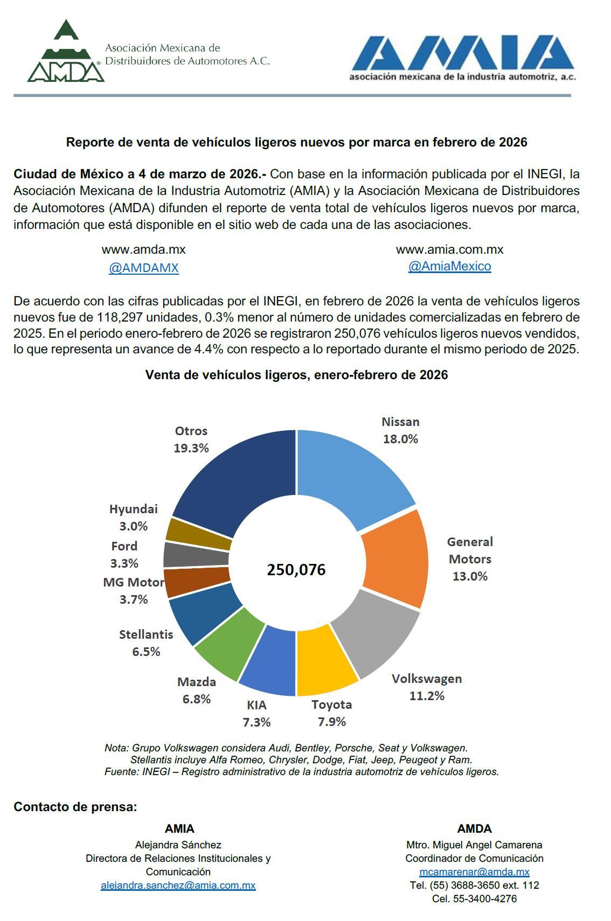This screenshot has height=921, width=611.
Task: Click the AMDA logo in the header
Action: (x=66, y=53)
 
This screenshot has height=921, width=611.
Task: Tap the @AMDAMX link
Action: (x=143, y=268)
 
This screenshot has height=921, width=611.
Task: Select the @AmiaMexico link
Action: (x=449, y=266)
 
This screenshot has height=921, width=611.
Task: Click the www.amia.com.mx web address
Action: (x=449, y=249)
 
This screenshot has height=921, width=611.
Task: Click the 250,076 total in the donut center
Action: (x=296, y=569)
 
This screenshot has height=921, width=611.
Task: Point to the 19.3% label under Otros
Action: (x=191, y=448)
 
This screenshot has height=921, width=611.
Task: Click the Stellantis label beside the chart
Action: (x=146, y=634)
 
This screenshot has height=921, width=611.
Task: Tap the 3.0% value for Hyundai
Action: (x=134, y=526)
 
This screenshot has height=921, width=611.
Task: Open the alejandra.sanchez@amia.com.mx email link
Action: (x=178, y=885)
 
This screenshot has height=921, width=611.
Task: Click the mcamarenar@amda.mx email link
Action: (x=474, y=871)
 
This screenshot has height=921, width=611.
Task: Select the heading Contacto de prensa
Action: (x=75, y=807)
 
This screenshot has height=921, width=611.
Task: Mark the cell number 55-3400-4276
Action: (x=474, y=898)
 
